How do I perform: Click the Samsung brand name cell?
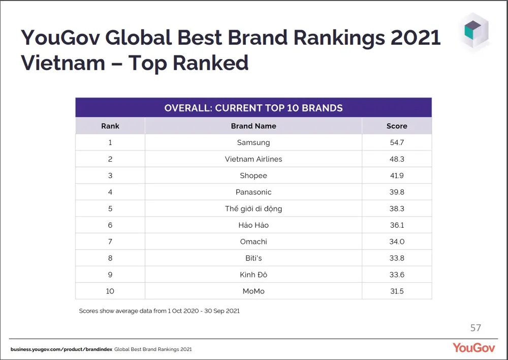coord(253,142)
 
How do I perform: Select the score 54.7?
coord(397,142)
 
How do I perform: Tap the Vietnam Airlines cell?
coord(253,159)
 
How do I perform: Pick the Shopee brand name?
coord(253,175)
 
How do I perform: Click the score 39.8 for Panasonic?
coord(397,192)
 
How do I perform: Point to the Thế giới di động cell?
coord(253,208)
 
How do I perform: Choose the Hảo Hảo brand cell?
coord(253,225)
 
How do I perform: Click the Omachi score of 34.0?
coord(397,242)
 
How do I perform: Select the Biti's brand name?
coord(253,258)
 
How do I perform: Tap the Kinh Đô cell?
coord(253,275)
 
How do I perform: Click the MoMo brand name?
coord(253,291)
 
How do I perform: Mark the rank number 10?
coord(110,291)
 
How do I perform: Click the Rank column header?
coord(110,126)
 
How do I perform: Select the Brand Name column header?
coord(253,126)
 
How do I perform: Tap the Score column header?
coord(397,126)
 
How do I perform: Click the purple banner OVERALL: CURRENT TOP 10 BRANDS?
coord(253,108)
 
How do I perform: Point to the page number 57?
coord(475,328)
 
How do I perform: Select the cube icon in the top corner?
coord(476,32)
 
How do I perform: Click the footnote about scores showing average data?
coord(159,311)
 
